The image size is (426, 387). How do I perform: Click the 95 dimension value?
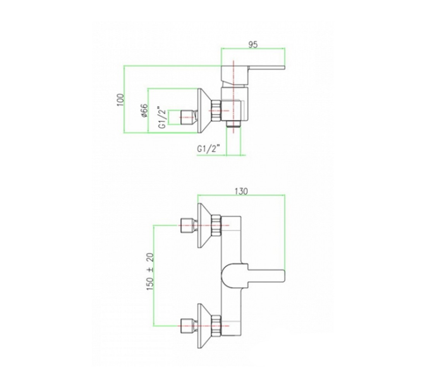(x=253, y=45)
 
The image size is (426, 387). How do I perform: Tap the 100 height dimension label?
(x=120, y=100)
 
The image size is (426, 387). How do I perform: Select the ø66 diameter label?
(x=144, y=110)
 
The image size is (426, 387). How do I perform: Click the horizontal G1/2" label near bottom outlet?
(x=208, y=149)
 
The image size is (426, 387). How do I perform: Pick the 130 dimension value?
(x=241, y=192)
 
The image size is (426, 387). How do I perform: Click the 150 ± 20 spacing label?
(x=150, y=272)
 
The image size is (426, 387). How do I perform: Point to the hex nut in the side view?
(x=216, y=111)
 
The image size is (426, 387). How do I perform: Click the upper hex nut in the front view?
(x=216, y=225)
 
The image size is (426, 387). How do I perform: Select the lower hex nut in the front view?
(x=216, y=326)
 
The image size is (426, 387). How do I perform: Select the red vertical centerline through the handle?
(x=234, y=97)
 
